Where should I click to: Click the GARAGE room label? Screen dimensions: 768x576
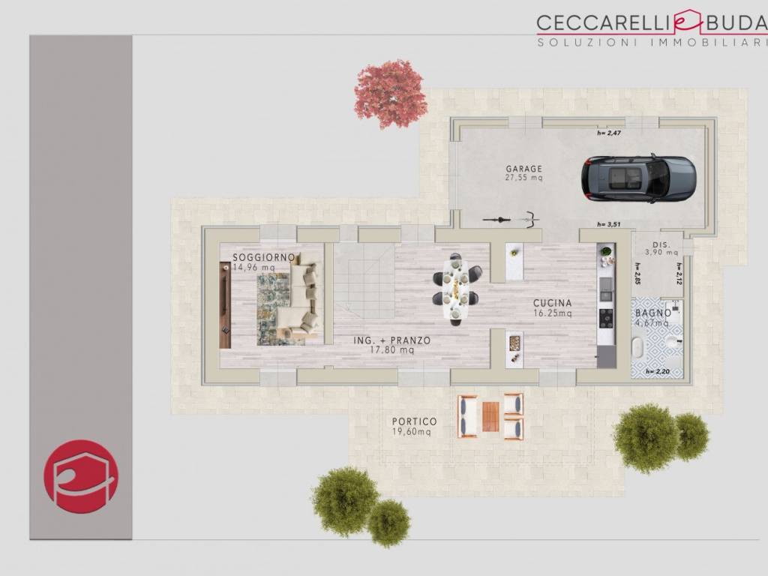click(x=524, y=169)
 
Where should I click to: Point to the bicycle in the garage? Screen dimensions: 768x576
click(x=511, y=220)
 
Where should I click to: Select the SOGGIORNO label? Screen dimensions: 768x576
click(x=263, y=257)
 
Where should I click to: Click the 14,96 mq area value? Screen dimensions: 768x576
click(x=253, y=268)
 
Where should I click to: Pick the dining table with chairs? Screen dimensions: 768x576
click(x=457, y=289)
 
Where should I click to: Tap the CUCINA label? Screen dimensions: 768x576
click(x=553, y=303)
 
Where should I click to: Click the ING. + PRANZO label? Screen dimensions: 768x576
click(x=391, y=340)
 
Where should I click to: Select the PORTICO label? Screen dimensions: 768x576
click(x=414, y=421)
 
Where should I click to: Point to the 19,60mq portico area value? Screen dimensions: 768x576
click(x=412, y=432)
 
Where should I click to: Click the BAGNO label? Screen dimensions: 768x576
click(x=653, y=313)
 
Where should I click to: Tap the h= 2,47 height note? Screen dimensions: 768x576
click(x=609, y=133)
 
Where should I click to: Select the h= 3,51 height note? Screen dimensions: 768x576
click(x=609, y=224)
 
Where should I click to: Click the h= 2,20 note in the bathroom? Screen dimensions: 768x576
click(x=657, y=372)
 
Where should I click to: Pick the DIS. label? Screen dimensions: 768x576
click(x=661, y=245)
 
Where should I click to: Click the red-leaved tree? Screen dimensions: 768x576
click(x=390, y=93)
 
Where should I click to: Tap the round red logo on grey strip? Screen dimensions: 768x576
click(x=81, y=476)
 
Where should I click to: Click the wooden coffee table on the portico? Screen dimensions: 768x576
click(x=490, y=417)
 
